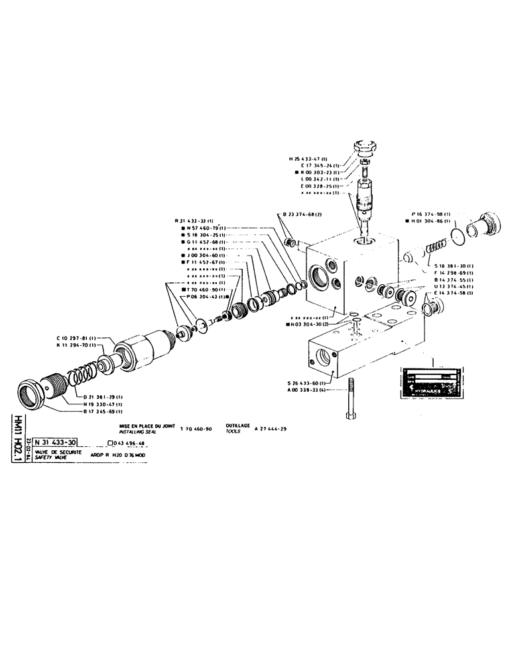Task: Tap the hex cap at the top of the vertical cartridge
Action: (365, 145)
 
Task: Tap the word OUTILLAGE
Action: (238, 424)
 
